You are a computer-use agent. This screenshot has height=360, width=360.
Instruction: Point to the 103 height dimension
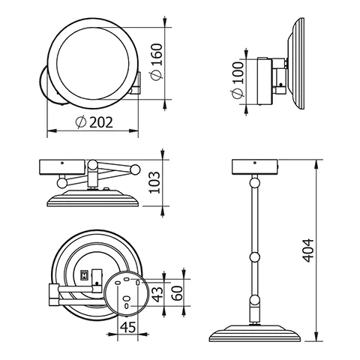point(155,182)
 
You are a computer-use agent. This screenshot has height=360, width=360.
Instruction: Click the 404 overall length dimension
point(308,250)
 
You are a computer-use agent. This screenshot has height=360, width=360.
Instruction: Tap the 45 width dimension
point(127,328)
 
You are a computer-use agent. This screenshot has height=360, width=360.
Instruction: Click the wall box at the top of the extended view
point(255,166)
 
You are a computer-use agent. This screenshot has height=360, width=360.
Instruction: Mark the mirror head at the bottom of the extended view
point(256,334)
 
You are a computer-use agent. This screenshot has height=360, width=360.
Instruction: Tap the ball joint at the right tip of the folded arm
point(136,168)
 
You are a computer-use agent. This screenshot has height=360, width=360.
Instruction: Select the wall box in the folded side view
point(62,166)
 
